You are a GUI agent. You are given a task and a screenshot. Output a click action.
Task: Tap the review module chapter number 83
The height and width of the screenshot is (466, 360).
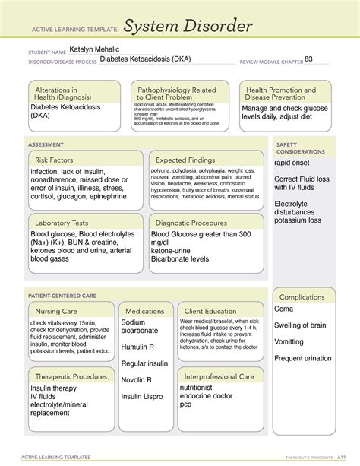[x=308, y=59]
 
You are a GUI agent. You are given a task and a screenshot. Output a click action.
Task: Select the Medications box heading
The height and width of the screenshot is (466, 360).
[x=145, y=311]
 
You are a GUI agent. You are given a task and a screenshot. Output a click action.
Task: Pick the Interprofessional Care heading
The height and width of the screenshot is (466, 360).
[x=219, y=376]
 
